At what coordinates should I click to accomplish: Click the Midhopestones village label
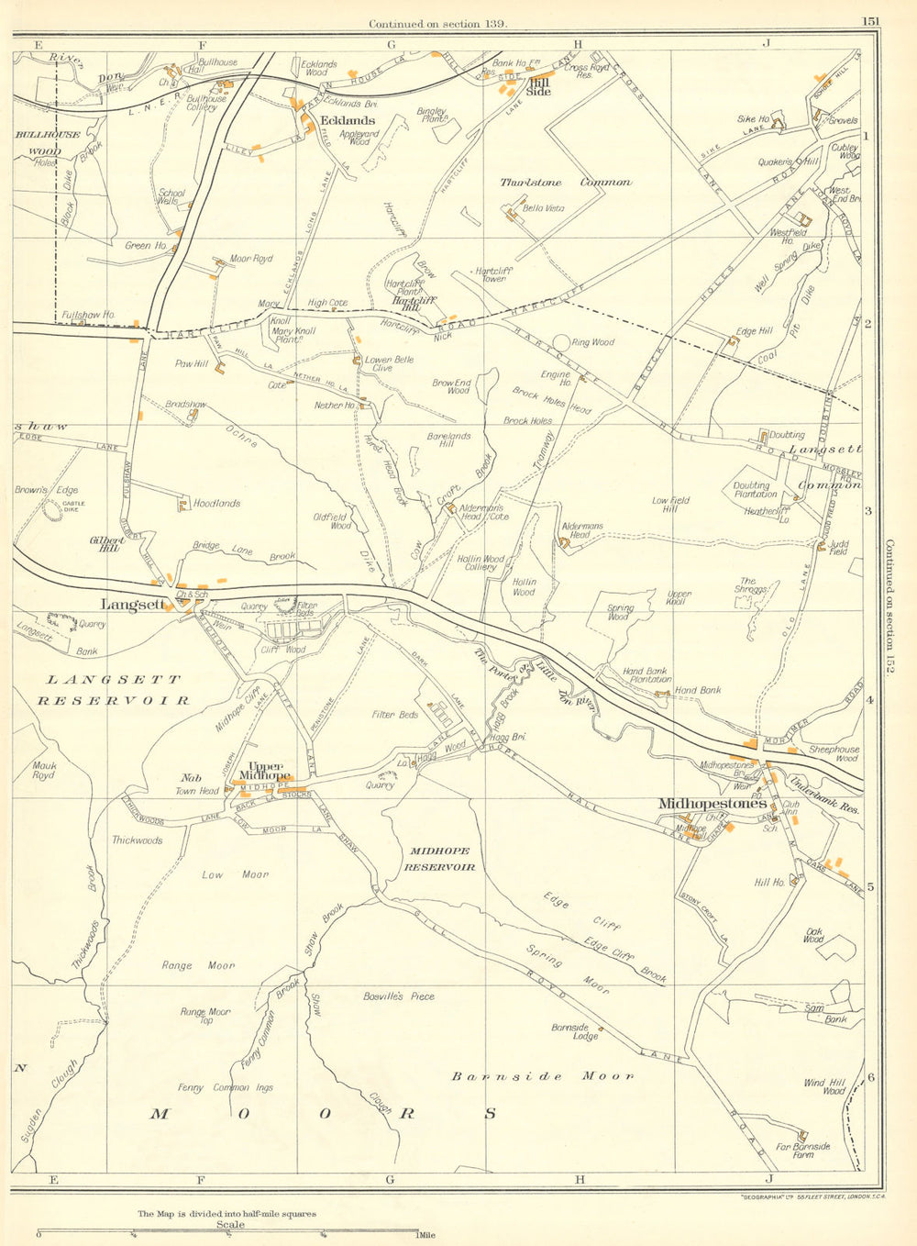click(x=713, y=804)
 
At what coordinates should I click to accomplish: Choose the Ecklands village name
click(x=347, y=120)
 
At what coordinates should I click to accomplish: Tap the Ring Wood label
click(x=592, y=342)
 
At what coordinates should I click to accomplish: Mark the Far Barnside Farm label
click(x=802, y=1151)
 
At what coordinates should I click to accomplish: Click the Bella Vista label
click(x=543, y=208)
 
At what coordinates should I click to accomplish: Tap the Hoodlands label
click(x=216, y=503)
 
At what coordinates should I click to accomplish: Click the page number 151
click(x=870, y=22)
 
